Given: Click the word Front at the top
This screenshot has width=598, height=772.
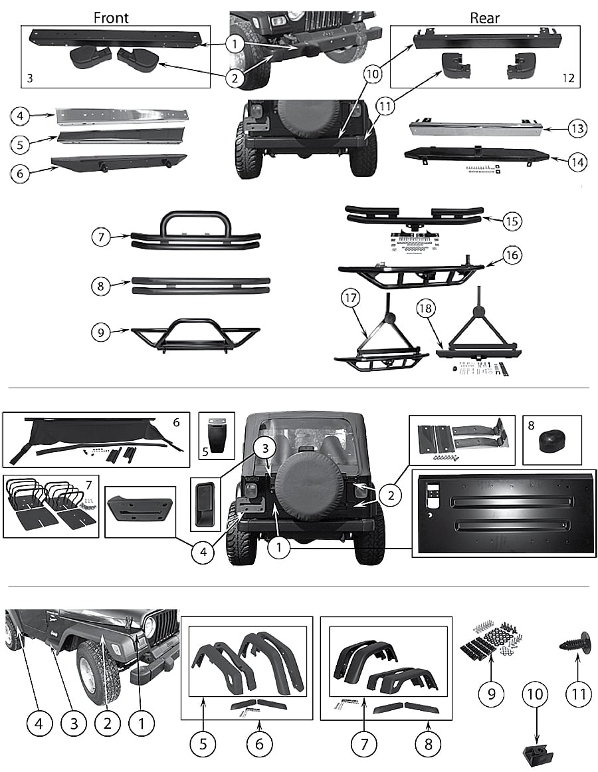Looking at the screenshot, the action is tap(111, 18).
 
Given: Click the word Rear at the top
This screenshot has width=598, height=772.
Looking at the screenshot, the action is tap(485, 18).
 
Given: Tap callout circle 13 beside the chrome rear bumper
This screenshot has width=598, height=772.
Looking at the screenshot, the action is tap(577, 129).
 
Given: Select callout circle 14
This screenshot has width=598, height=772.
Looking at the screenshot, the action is tap(577, 162).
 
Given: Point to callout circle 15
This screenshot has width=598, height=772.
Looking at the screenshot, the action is tap(512, 221).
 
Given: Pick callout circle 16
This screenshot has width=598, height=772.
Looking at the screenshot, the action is tap(512, 255).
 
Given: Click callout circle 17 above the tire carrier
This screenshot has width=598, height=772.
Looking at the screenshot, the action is tap(351, 298).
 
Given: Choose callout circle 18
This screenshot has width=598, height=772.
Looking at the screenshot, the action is tap(425, 309).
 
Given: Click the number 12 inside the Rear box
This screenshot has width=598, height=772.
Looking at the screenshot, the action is tap(568, 78).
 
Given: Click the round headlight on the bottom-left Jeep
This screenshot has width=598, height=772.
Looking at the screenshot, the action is tap(150, 627).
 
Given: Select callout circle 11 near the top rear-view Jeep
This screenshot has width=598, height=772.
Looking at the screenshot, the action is tap(385, 106).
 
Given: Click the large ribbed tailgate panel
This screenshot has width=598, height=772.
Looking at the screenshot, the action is tap(504, 513).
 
